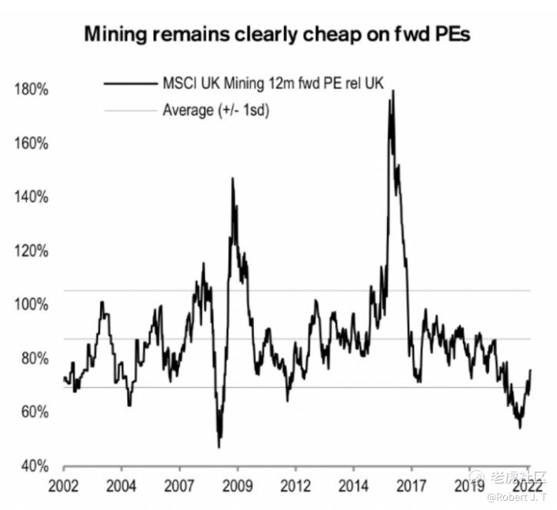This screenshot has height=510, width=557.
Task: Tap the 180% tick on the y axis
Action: point(32,90)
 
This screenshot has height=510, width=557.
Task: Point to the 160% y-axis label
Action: point(32,144)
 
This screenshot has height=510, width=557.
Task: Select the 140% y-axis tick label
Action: point(32,198)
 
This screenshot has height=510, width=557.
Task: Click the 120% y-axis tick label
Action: point(32,252)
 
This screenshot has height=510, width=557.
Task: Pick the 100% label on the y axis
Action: point(32,305)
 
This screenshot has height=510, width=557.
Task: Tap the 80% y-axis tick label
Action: point(35,359)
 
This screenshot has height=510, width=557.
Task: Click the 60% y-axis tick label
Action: point(35,413)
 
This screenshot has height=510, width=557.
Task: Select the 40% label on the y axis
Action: point(35,467)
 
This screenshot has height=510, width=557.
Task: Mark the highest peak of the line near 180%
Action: point(393,91)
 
